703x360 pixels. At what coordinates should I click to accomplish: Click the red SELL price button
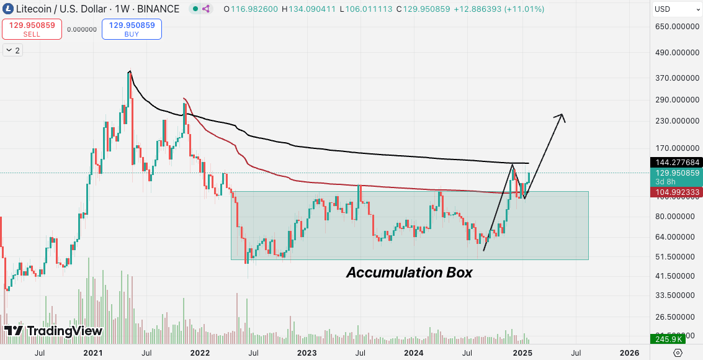(x=32, y=29)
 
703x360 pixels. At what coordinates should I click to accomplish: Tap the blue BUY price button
(x=132, y=29)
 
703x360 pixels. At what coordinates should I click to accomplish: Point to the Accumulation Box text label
(x=410, y=272)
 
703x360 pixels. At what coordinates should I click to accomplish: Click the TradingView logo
(x=53, y=331)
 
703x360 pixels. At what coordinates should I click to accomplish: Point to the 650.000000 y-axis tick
(x=677, y=27)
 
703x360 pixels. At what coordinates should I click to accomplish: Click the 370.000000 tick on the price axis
(x=677, y=78)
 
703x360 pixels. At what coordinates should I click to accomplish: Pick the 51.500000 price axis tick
(x=677, y=256)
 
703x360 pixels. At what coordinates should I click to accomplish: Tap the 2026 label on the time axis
(x=629, y=353)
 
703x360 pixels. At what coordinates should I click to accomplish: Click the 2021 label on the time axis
(x=93, y=353)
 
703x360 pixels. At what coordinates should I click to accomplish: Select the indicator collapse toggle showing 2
(x=12, y=50)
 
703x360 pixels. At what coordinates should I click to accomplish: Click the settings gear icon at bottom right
(x=677, y=353)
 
